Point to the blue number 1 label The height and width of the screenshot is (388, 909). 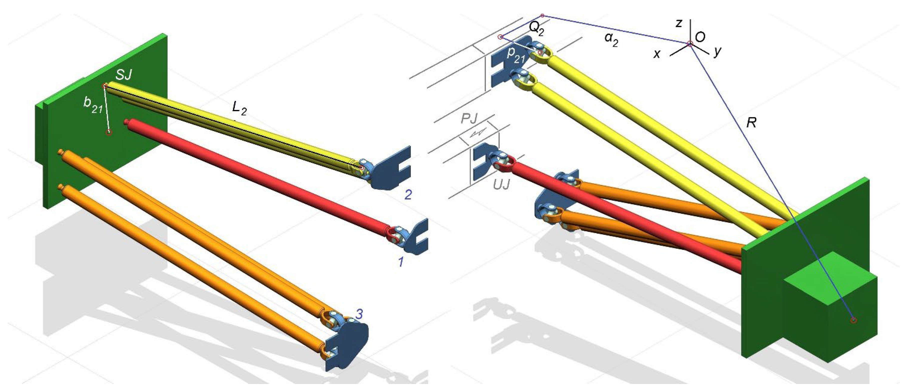pos(401,262)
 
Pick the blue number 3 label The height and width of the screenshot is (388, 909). pos(359,314)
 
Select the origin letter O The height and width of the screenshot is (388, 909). pos(700,37)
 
